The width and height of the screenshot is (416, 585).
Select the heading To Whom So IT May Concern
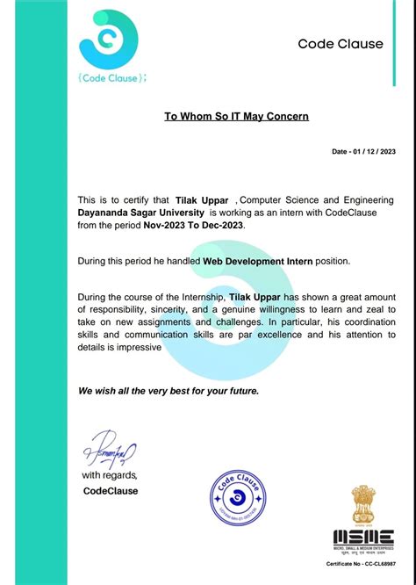coord(237,116)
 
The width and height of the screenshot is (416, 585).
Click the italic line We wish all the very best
coord(169,390)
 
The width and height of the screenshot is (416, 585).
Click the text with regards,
coord(110,475)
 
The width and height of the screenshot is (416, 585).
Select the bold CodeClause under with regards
coord(110,491)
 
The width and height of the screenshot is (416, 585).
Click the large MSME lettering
coord(362,536)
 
